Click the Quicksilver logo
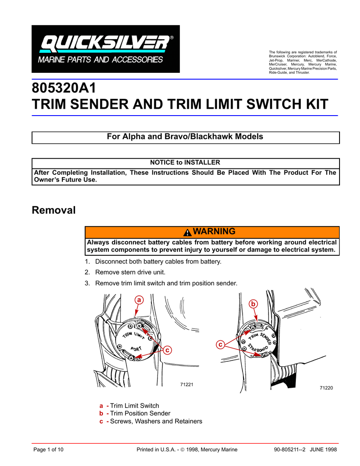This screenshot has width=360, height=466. (x=105, y=49)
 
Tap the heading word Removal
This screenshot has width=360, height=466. (x=53, y=210)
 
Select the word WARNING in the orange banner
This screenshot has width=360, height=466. (x=214, y=231)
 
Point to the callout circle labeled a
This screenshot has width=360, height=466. (x=139, y=299)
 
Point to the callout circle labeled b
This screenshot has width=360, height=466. (x=254, y=304)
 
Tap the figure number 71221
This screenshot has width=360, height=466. (x=187, y=385)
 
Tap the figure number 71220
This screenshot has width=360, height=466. (x=326, y=388)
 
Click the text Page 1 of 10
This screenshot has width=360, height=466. (x=49, y=450)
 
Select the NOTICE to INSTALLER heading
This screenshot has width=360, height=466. (x=185, y=162)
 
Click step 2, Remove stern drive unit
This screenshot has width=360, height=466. (x=130, y=272)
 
